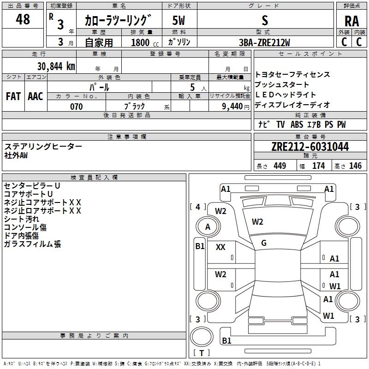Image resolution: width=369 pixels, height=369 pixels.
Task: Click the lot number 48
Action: pos(23,20)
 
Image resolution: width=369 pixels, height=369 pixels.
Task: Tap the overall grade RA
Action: pos(351,21)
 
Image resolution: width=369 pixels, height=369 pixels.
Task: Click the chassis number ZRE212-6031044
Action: pos(310,147)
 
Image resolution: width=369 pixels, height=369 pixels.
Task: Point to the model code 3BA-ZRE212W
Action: pos(264,42)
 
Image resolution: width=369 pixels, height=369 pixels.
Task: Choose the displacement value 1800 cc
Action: pos(142,42)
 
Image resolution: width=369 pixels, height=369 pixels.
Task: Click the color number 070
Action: pos(76,107)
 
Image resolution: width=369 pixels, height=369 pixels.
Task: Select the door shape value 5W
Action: pos(179,20)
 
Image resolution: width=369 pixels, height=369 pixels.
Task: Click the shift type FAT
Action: pos(13,96)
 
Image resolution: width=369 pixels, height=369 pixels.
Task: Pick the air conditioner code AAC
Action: pos(36,96)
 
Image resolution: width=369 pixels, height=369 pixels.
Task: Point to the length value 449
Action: pos(279,166)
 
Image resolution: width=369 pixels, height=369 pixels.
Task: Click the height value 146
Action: pos(355,166)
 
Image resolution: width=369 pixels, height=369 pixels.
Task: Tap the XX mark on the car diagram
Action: pos(220,247)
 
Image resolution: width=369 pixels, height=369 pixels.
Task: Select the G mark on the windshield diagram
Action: pos(264,243)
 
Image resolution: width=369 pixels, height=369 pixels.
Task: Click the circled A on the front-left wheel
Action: pos(208,226)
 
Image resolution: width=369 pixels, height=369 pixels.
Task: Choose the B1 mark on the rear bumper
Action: pos(226,341)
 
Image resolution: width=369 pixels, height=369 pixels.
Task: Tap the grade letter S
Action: pos(264,20)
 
